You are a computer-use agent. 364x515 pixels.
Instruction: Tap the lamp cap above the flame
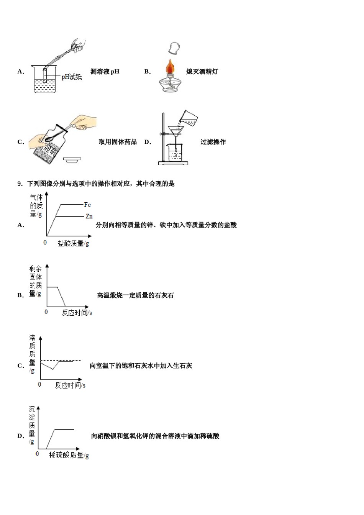[174, 48]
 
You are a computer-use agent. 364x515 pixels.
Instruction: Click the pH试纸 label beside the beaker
[72, 77]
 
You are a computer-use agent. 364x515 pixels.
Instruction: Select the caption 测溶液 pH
[105, 71]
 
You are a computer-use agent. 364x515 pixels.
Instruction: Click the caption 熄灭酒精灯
[202, 71]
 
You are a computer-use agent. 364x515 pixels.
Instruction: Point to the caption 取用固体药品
[118, 142]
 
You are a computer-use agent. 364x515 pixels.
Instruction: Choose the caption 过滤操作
[213, 142]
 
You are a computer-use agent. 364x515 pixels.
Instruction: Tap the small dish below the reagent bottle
[72, 160]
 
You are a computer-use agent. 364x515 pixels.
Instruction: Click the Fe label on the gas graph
[87, 205]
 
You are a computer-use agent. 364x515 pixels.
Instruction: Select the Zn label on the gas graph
[89, 216]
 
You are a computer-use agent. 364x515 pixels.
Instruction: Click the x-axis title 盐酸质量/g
[73, 243]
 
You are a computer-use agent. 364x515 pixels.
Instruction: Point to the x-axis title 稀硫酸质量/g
[69, 455]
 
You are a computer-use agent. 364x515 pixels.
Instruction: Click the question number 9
[20, 184]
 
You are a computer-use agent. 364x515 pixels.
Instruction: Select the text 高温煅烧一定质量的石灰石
[135, 295]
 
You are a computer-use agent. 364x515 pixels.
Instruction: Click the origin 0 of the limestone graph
[46, 312]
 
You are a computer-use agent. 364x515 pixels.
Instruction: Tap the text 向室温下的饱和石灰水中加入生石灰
[141, 366]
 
